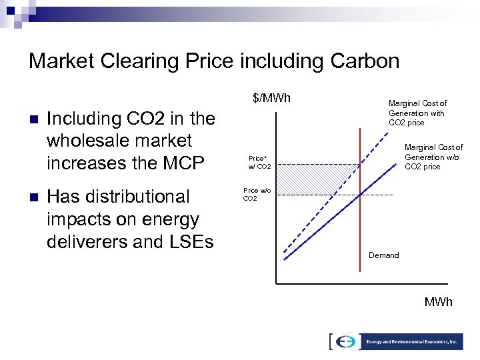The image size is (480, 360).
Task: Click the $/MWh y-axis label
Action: [x=271, y=99]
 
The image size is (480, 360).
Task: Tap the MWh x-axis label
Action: [x=438, y=302]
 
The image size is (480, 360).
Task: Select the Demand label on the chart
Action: [x=383, y=255]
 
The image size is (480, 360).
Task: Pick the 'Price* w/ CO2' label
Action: [x=259, y=162]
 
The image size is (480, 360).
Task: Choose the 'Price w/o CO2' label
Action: [x=257, y=194]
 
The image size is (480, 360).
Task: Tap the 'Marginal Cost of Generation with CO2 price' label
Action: [x=417, y=113]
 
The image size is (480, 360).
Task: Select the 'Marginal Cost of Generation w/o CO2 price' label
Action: [x=433, y=157]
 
